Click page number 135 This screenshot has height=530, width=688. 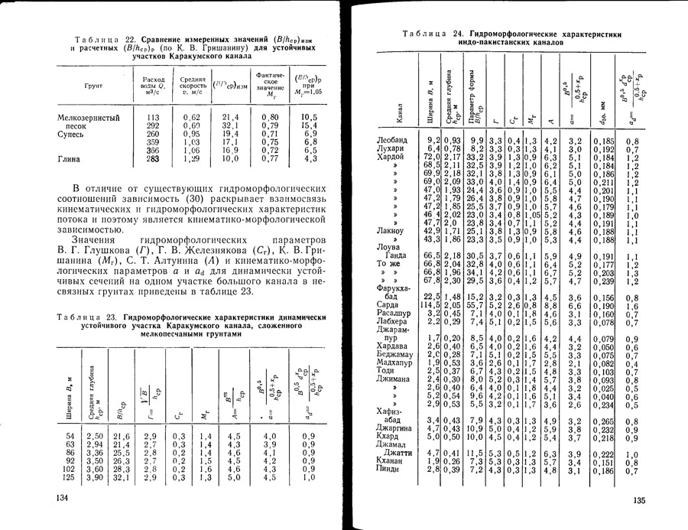pos(640,499)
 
